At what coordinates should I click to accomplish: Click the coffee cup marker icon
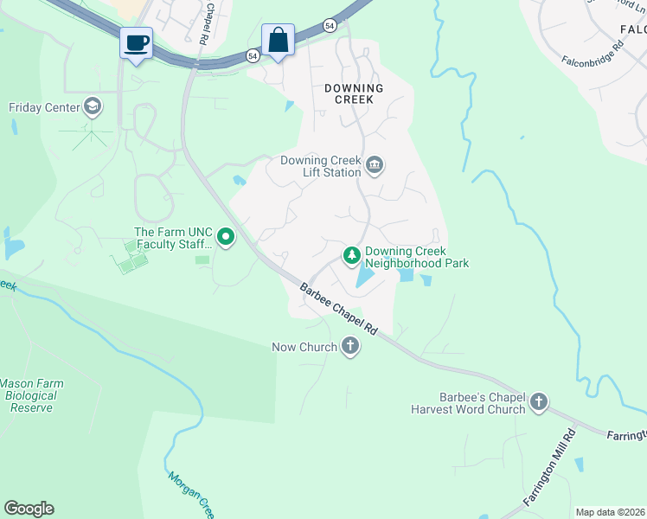[137, 42]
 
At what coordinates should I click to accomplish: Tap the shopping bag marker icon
[278, 40]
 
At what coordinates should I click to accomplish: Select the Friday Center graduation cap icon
[92, 107]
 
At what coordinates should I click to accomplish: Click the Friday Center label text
[44, 108]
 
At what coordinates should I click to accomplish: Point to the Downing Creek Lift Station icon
[375, 165]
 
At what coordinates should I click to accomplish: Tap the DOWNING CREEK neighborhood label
[353, 93]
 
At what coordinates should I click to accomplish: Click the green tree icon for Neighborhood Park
[351, 255]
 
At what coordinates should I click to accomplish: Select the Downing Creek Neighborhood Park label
[417, 257]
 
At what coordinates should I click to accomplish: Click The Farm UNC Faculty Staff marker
[226, 236]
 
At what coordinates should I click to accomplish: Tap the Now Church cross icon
[350, 347]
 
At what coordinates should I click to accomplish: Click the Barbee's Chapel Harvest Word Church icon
[539, 401]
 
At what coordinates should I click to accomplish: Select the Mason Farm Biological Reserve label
[31, 395]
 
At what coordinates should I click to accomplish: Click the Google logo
[29, 509]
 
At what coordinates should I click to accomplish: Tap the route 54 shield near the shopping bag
[252, 54]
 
